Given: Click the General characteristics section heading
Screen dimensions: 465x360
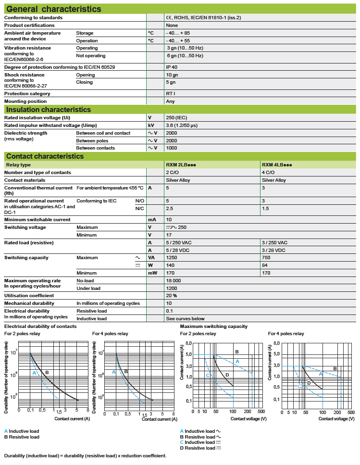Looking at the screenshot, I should click(53, 9).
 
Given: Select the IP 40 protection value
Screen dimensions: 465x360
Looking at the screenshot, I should click(172, 67).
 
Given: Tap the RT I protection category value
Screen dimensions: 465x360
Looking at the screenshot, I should click(171, 94).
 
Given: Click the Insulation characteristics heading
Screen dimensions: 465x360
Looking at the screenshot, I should click(48, 110).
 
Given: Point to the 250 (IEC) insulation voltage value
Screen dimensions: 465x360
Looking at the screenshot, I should click(177, 117).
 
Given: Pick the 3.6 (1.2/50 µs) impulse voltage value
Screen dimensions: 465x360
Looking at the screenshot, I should click(182, 125).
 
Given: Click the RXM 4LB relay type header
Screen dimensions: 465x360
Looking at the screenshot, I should click(277, 164).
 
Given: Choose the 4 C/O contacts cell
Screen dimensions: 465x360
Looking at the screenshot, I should click(268, 172).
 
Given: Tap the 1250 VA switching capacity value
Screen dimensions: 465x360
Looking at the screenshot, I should click(172, 258).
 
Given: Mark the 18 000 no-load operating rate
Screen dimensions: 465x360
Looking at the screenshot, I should click(174, 280).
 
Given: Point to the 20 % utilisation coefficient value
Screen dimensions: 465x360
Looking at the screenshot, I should click(172, 296).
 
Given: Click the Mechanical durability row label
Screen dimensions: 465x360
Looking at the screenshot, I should click(29, 303).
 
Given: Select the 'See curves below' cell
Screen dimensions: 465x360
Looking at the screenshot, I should click(185, 318).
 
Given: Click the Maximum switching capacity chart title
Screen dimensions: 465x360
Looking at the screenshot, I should click(213, 327).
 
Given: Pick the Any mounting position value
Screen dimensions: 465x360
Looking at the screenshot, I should click(170, 101).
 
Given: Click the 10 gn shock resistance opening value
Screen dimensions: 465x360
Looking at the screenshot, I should click(172, 75).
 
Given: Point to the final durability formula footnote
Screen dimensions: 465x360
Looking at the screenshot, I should click(85, 455).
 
